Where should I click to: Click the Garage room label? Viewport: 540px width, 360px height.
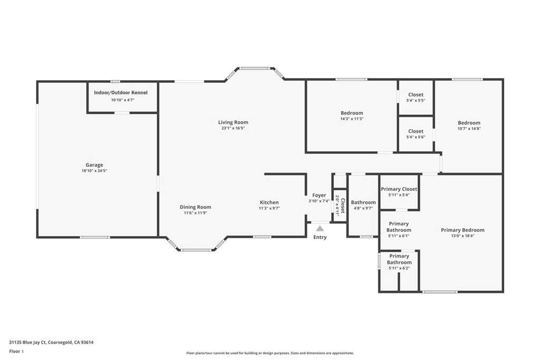pyautogui.click(x=94, y=165)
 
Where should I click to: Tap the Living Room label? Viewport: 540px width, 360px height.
pyautogui.click(x=233, y=122)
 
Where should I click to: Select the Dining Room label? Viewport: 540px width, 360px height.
pyautogui.click(x=195, y=207)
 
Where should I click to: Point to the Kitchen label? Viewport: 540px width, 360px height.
pyautogui.click(x=269, y=202)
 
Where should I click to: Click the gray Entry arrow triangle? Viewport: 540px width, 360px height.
pyautogui.click(x=320, y=228)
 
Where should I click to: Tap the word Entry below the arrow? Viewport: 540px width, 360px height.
pyautogui.click(x=320, y=237)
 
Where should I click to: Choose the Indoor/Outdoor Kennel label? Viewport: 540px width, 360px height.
pyautogui.click(x=121, y=93)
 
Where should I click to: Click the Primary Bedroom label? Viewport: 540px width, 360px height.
pyautogui.click(x=462, y=230)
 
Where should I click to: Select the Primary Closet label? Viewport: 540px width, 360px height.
pyautogui.click(x=399, y=189)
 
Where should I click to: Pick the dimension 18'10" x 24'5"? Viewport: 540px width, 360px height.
pyautogui.click(x=94, y=171)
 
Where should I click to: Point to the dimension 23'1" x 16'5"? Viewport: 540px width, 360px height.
pyautogui.click(x=233, y=128)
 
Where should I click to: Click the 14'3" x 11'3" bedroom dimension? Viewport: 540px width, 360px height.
pyautogui.click(x=352, y=119)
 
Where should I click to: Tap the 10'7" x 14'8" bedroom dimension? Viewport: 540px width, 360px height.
pyautogui.click(x=469, y=129)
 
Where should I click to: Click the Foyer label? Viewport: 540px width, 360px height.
pyautogui.click(x=319, y=195)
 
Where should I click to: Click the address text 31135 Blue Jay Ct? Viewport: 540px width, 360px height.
pyautogui.click(x=27, y=343)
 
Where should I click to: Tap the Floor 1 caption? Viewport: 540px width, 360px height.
pyautogui.click(x=16, y=352)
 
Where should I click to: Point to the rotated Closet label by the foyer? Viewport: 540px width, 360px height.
pyautogui.click(x=343, y=206)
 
